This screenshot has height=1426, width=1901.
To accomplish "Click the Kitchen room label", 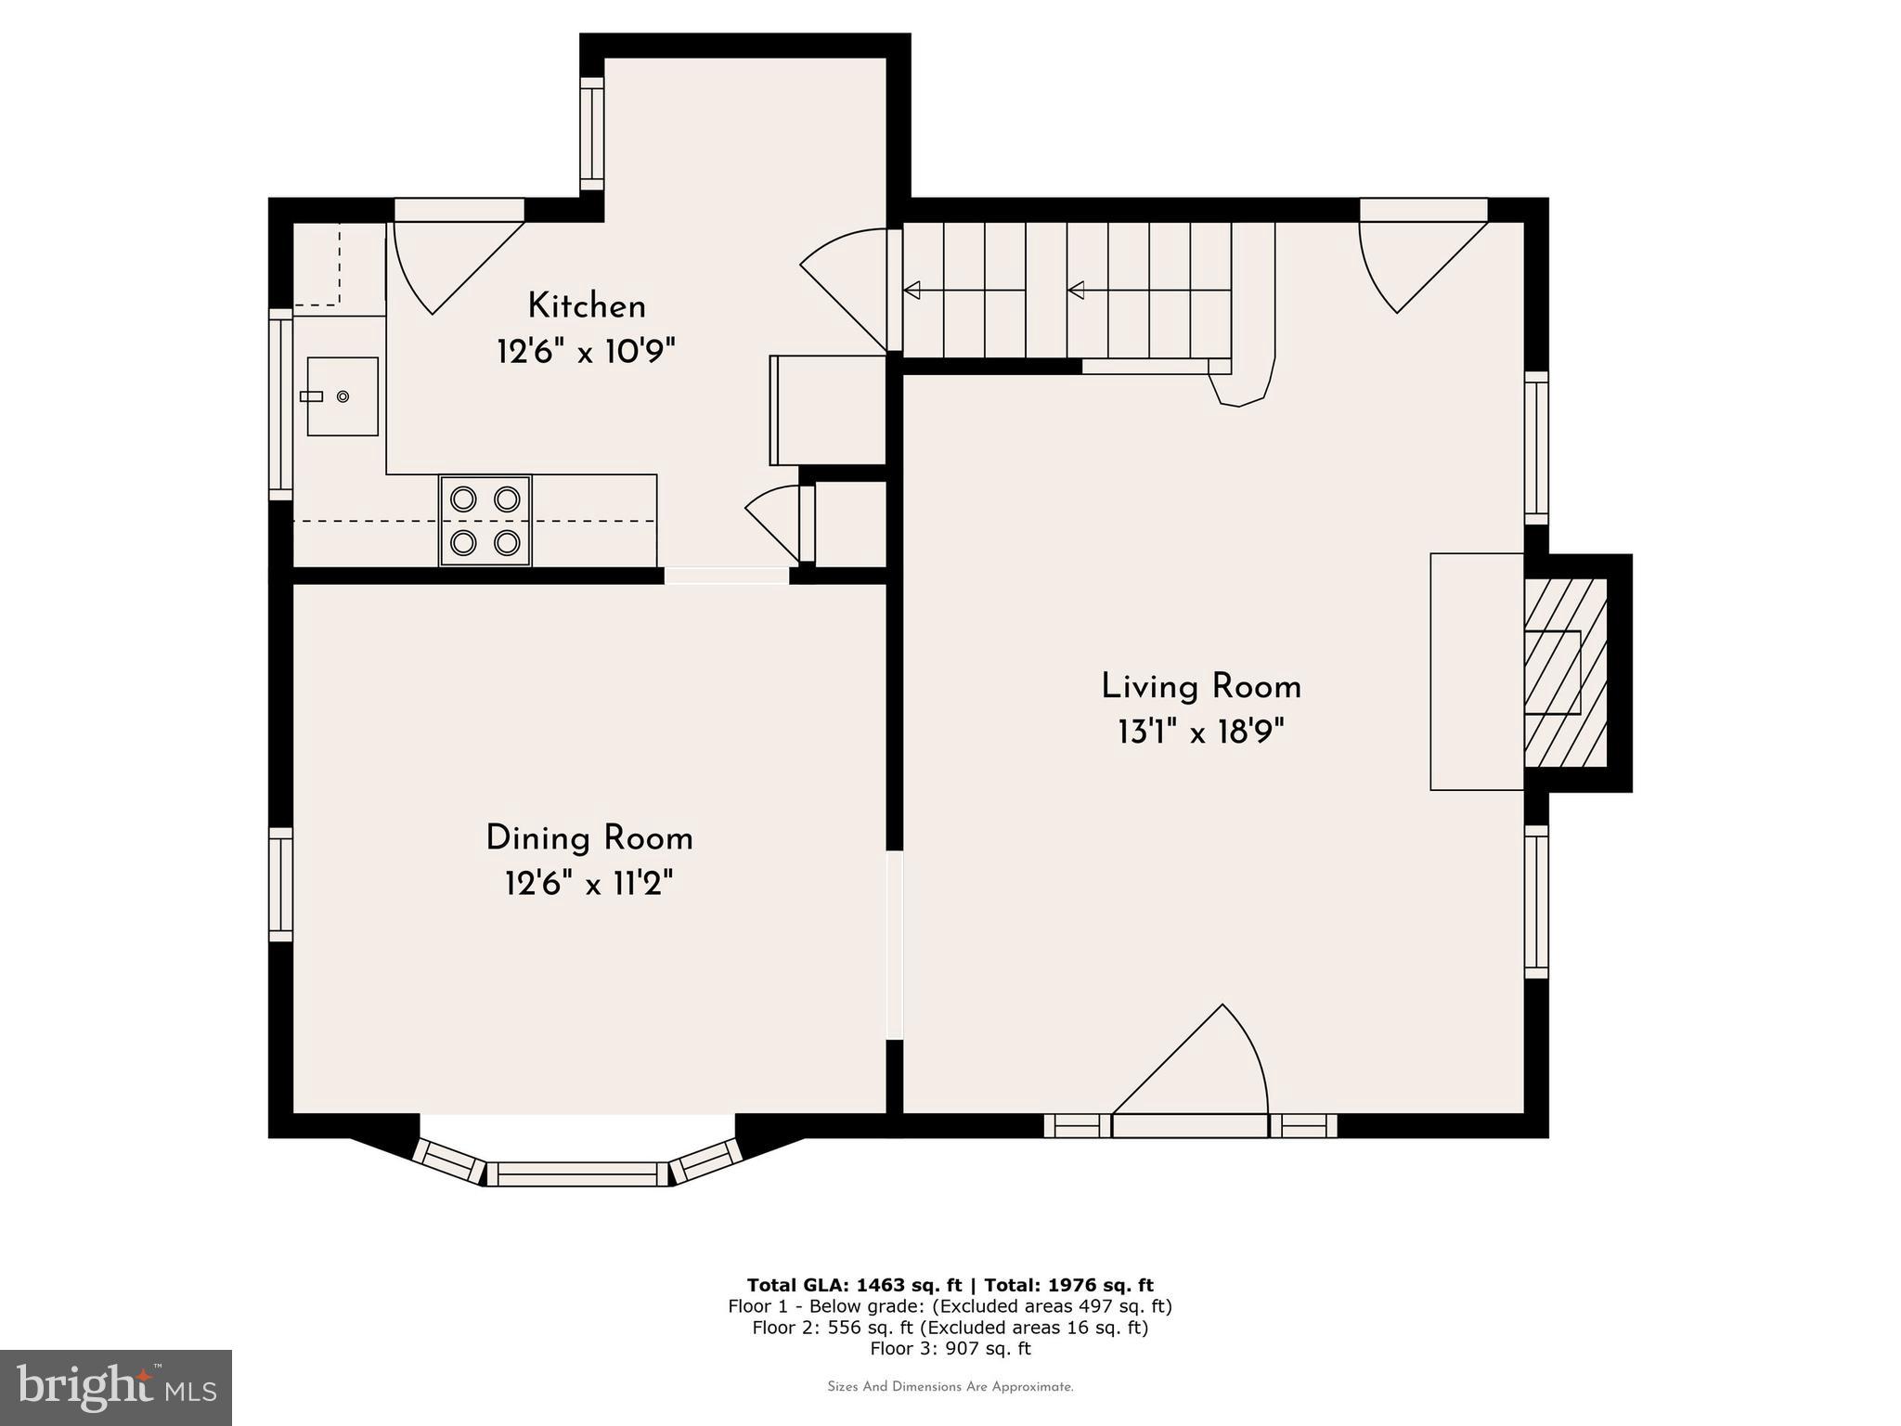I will [587, 306].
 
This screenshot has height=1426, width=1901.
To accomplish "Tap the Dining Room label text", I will [589, 838].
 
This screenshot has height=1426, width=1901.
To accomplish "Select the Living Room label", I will [1201, 687].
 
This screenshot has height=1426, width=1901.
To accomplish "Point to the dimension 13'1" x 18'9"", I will [1201, 733].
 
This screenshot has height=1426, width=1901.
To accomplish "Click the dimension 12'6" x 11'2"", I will [588, 885].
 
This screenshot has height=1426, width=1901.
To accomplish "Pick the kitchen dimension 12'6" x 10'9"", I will [586, 353].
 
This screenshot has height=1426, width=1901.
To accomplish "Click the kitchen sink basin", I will [343, 396].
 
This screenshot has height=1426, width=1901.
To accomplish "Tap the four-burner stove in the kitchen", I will [485, 520].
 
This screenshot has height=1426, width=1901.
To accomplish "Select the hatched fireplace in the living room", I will [1565, 673].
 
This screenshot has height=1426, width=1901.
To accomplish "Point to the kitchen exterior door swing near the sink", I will [446, 260].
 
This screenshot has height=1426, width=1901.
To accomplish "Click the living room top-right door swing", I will [1411, 260].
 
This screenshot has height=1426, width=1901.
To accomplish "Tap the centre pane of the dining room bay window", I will [577, 1174].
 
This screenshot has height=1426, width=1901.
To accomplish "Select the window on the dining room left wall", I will [280, 885].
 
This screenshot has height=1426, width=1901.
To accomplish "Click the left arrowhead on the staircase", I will [912, 291].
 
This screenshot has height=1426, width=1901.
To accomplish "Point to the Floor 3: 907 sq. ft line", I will [950, 1348].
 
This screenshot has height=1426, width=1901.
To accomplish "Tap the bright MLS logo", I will [116, 1387].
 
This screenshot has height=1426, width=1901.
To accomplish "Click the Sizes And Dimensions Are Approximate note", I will [950, 1387].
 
